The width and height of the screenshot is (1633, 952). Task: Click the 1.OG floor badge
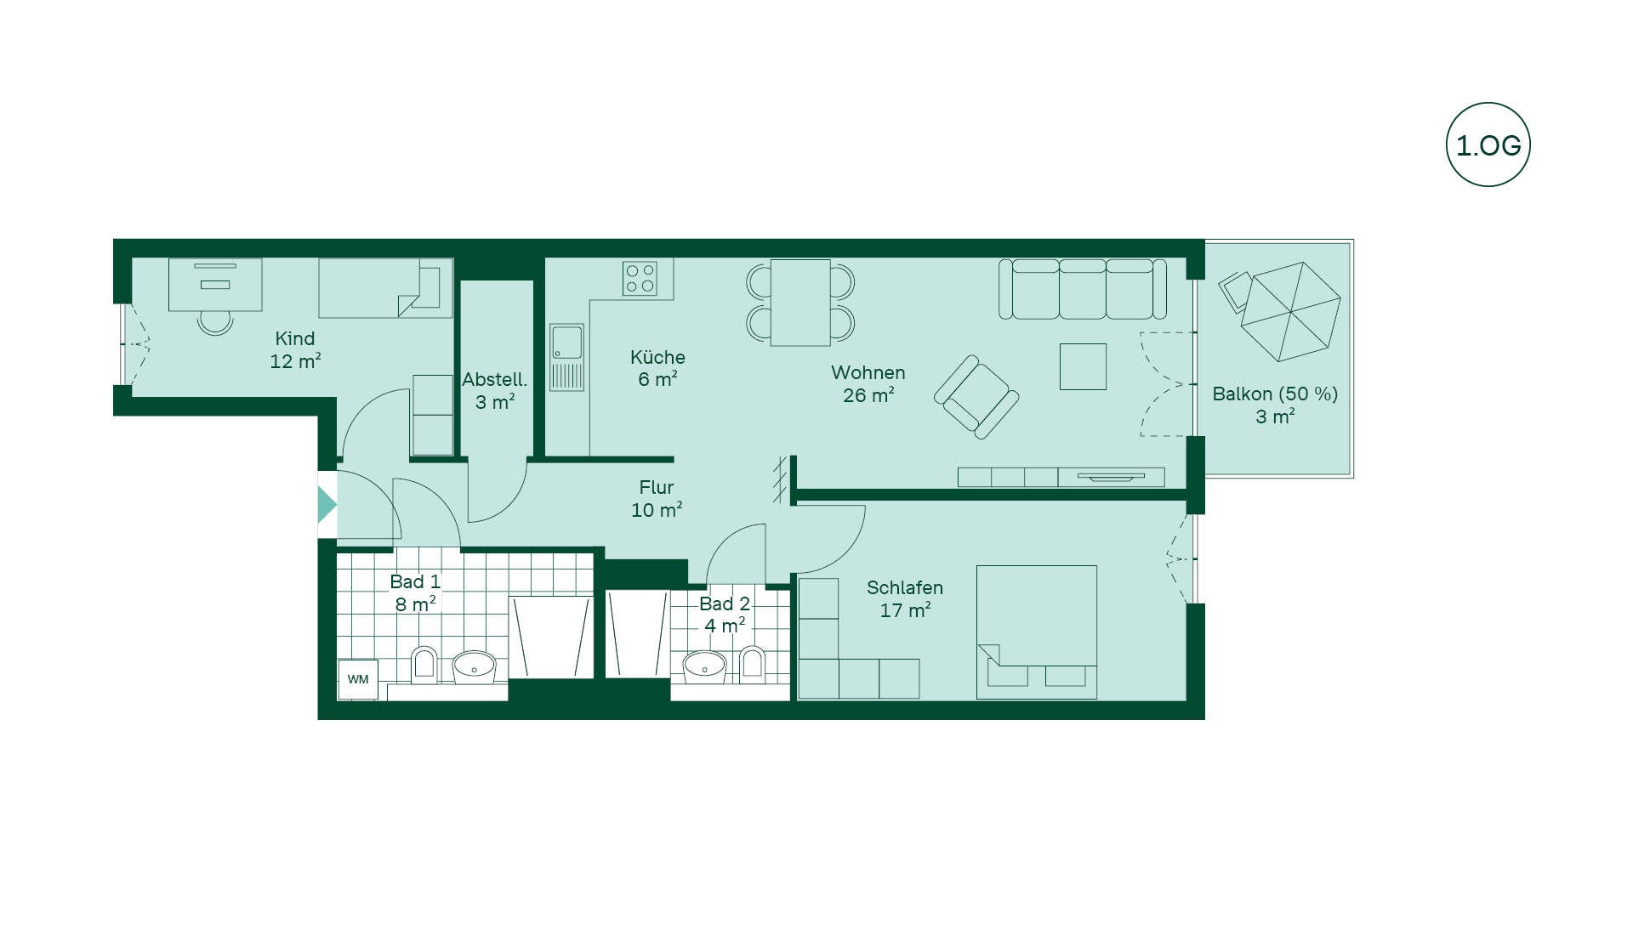1488,144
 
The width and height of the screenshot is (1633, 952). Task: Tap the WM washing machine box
358,679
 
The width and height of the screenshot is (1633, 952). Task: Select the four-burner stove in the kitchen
640,278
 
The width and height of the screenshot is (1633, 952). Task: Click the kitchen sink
566,357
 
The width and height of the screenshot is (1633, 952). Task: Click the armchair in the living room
976,397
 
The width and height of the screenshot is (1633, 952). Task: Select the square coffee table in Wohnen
1083,366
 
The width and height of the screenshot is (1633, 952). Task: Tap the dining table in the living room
800,303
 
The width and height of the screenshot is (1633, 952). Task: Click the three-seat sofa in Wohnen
1082,289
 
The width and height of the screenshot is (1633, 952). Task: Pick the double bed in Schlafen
1037,632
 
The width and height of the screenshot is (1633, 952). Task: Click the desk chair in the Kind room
215,322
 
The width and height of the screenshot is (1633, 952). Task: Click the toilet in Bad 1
424,666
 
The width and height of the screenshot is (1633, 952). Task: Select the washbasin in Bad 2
704,667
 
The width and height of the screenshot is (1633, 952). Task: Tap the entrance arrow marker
327,505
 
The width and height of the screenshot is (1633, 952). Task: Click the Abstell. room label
494,380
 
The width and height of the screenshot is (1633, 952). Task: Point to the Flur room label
656,487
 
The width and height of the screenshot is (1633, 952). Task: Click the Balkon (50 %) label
1275,394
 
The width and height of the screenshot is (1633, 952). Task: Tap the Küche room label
657,357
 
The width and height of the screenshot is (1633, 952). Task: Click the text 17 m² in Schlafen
905,610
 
